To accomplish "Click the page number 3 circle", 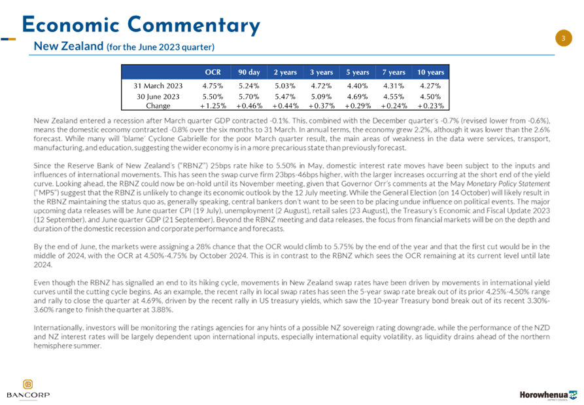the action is coord(563,38).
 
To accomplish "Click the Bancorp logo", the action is coord(28,389).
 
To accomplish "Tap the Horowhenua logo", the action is coord(548,395).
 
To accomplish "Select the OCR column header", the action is coord(213,72).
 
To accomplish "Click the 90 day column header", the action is coord(249,72).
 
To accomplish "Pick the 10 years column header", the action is coord(430,72).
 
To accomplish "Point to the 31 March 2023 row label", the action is coord(158,86).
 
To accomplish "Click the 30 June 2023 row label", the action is coord(158,96).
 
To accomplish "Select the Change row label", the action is coord(158,106).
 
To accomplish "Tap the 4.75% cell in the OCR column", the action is coord(213,86).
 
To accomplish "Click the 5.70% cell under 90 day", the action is coord(249,96).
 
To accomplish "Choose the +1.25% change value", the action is coord(213,106).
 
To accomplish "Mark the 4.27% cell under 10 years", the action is coord(430,86).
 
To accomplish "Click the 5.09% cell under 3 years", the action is coord(321,96).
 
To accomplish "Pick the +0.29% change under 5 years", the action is coord(358,106).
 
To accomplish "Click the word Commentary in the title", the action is coord(194,25).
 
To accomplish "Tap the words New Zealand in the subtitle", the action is coord(69,46).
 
